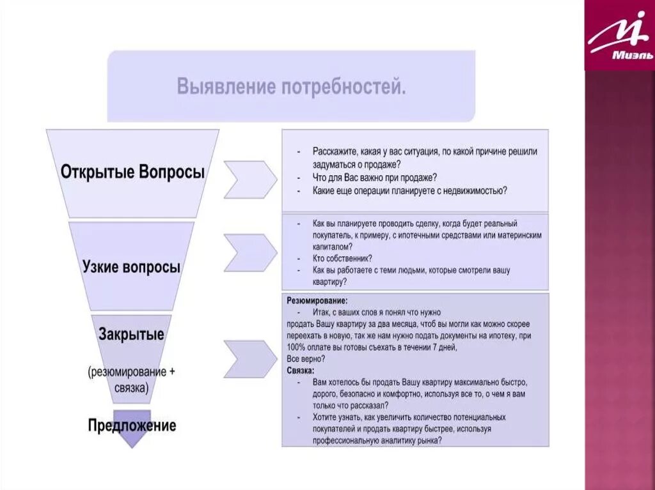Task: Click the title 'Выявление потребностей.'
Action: tap(291, 86)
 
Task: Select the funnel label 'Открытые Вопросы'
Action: tap(133, 172)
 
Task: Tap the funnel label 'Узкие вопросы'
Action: tap(131, 267)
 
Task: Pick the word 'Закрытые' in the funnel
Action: tap(131, 334)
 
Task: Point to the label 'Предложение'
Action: tap(132, 425)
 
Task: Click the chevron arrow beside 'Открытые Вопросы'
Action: tap(249, 180)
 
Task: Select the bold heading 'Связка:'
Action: tap(301, 370)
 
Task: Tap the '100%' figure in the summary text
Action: tap(297, 347)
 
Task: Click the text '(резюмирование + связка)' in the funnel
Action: tap(131, 379)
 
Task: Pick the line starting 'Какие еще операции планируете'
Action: tap(409, 190)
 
